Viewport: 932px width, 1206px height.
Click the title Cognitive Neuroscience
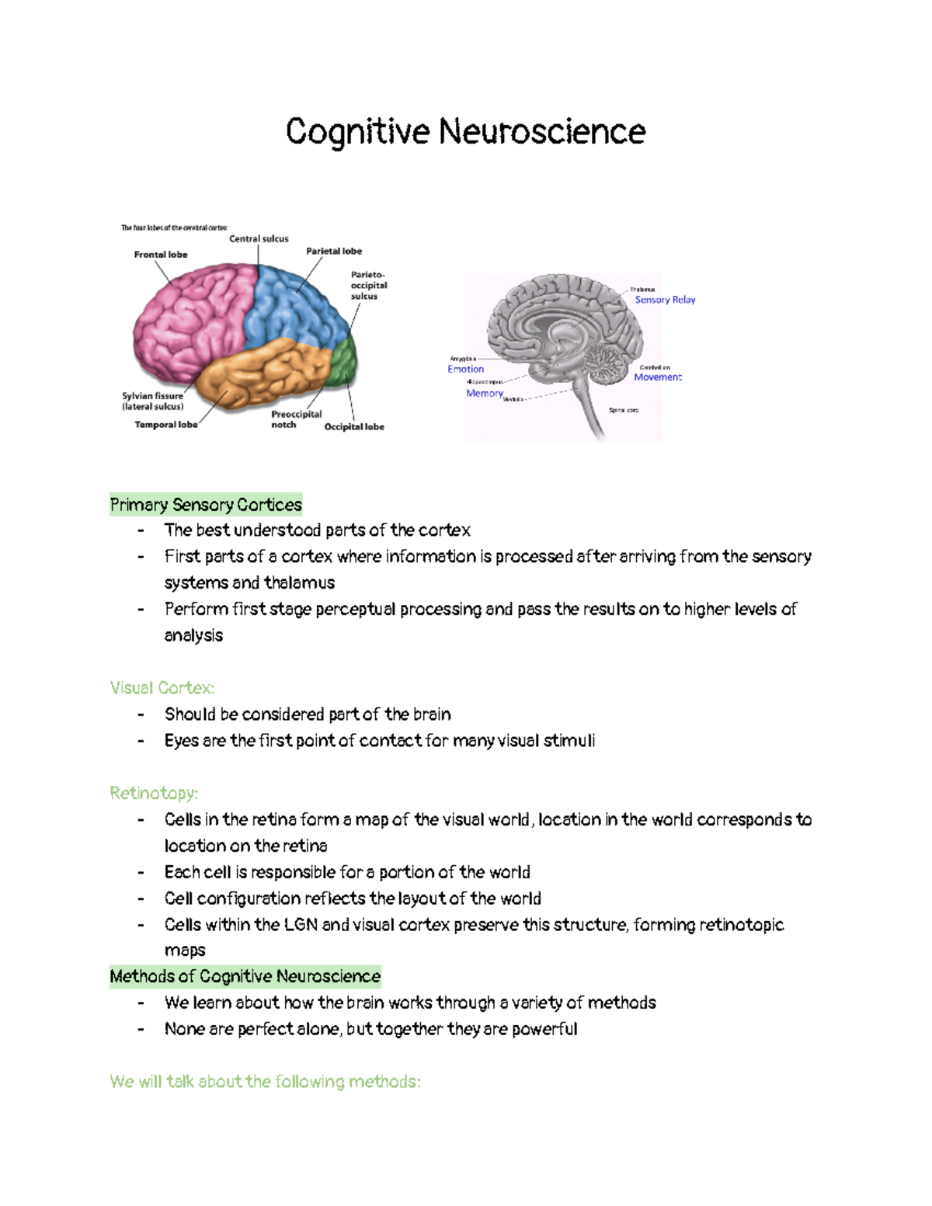click(465, 131)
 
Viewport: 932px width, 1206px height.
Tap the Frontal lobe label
click(161, 255)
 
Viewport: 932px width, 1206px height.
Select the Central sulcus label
click(259, 239)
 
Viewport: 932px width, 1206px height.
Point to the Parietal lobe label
click(334, 251)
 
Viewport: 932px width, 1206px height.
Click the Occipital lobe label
click(354, 426)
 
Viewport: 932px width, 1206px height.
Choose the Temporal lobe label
click(166, 425)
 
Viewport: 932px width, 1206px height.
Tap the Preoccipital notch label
click(296, 419)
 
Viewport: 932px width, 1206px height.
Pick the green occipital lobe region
click(344, 365)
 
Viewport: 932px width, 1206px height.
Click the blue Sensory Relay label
click(665, 300)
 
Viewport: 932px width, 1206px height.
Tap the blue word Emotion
click(465, 370)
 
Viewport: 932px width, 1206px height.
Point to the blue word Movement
click(658, 377)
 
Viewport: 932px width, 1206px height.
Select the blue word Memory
click(484, 393)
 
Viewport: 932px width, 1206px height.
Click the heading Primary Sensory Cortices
click(206, 505)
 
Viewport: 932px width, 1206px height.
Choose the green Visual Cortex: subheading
click(162, 688)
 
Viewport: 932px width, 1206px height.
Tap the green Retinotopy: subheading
click(154, 793)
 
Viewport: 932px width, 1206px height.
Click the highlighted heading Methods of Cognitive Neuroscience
click(245, 976)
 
